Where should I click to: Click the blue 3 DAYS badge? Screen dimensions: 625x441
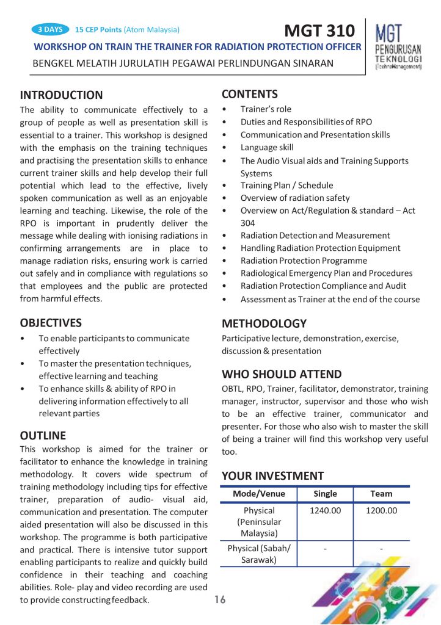coord(49,29)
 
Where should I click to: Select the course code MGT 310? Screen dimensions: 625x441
coord(319,31)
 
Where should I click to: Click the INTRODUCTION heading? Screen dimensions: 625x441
coord(61,95)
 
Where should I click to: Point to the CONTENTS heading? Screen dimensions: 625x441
coord(250,94)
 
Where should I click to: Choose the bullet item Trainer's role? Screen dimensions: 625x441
coord(266,109)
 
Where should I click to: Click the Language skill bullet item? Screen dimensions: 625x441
coord(267,147)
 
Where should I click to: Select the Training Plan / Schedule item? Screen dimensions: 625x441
coord(286,186)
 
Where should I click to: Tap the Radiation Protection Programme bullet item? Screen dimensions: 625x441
coord(304,261)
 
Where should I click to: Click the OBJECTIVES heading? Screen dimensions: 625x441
coord(51,323)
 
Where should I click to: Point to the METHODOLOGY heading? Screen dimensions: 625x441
coord(264,323)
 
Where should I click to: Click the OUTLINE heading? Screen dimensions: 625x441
coord(43,436)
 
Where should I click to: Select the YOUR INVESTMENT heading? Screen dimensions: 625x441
coord(272,475)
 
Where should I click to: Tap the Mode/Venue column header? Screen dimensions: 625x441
coord(259,494)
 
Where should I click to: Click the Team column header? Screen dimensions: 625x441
coord(381,494)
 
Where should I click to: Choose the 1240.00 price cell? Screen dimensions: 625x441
coord(325,511)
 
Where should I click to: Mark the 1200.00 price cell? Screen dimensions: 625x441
coord(381,511)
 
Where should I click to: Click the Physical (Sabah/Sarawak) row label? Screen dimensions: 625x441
coord(259,554)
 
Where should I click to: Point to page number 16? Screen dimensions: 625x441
coord(220,600)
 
